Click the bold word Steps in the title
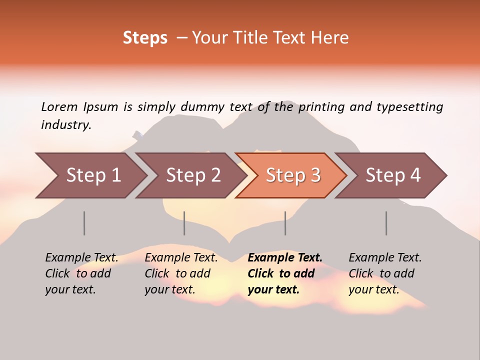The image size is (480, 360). (x=145, y=38)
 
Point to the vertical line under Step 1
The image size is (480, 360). (x=84, y=223)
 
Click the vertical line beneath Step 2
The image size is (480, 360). (x=184, y=223)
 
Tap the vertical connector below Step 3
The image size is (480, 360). (x=285, y=223)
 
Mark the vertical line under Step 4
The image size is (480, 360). (x=386, y=223)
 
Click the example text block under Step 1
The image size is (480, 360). (x=81, y=273)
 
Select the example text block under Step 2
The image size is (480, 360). (x=181, y=273)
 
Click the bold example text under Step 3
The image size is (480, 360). (x=284, y=273)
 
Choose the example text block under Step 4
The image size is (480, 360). (x=385, y=273)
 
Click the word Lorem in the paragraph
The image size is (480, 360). (x=59, y=106)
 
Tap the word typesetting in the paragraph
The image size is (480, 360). (x=409, y=107)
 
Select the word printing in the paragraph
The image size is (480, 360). (x=321, y=107)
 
